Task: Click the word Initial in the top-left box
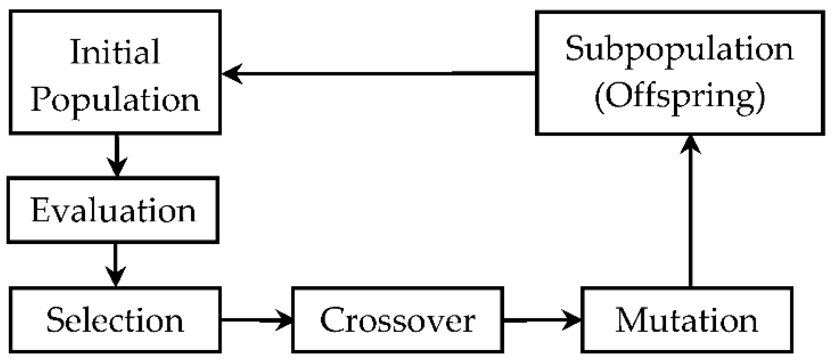click(x=115, y=52)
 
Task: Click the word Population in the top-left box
click(x=115, y=100)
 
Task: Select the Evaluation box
click(x=113, y=210)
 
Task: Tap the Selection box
click(x=115, y=320)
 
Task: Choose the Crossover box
click(x=397, y=320)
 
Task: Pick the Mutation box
click(x=686, y=320)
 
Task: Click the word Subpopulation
click(x=679, y=49)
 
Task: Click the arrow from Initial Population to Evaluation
click(x=117, y=155)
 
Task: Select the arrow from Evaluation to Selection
click(x=115, y=264)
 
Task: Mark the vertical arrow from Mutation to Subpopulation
click(x=691, y=213)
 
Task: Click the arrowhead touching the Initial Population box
click(x=232, y=74)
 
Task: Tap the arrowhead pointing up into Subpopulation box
click(x=691, y=144)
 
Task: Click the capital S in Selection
click(x=55, y=320)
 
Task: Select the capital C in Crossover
click(x=332, y=320)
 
